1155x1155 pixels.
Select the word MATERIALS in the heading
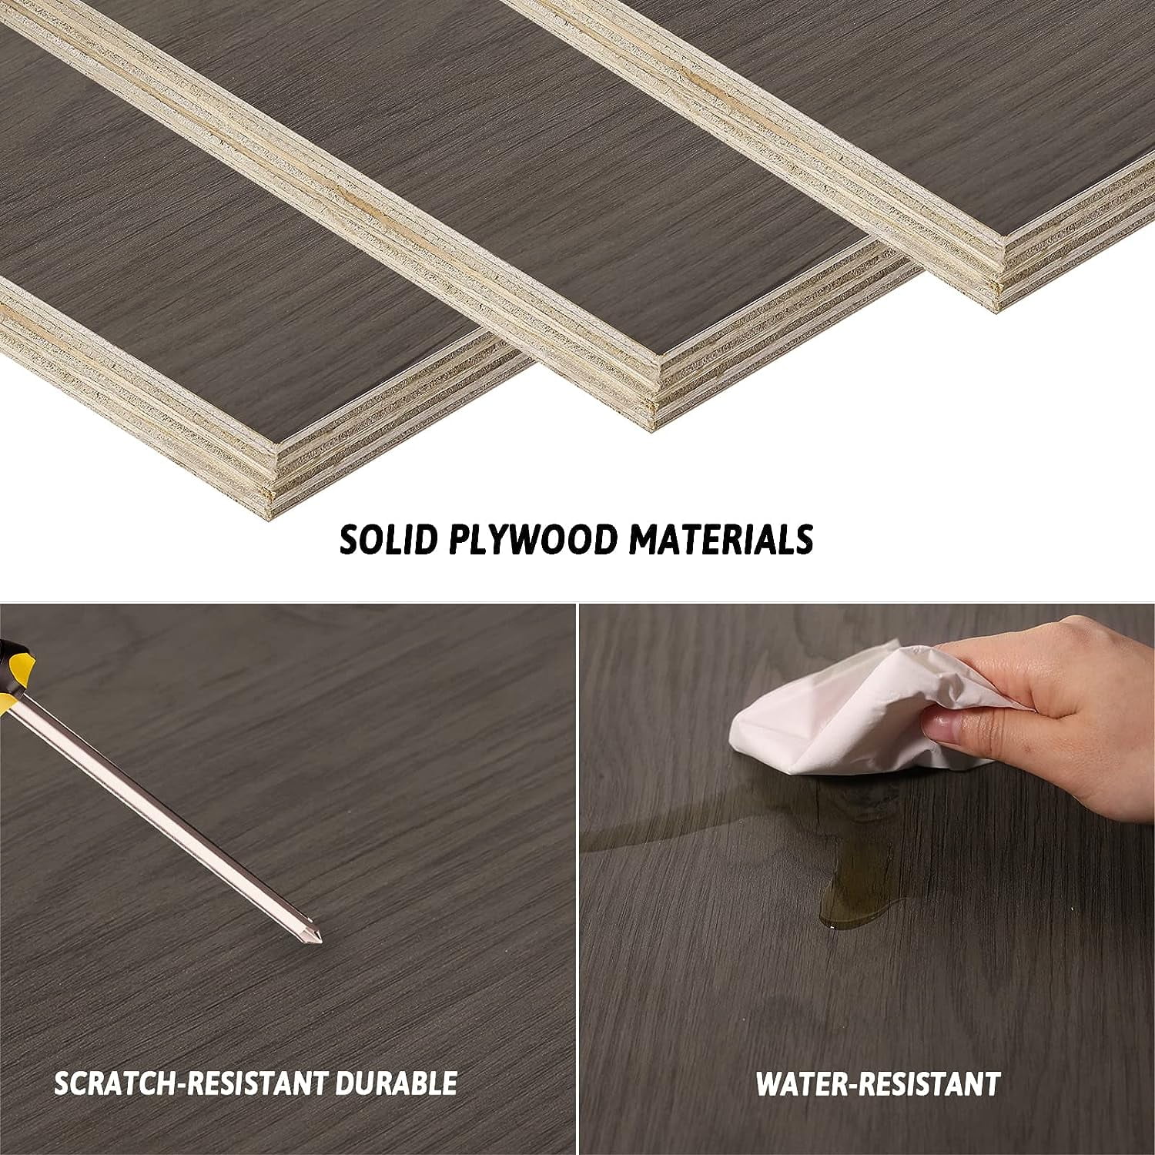(x=721, y=540)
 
